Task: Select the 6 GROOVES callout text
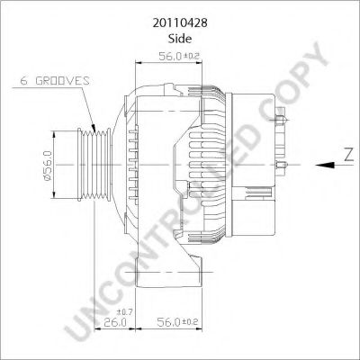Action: pos(54,81)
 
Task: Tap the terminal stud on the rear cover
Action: pos(283,118)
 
